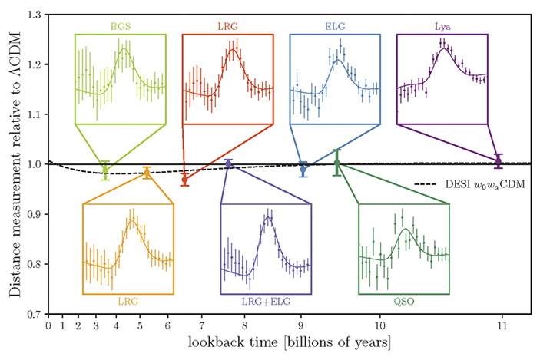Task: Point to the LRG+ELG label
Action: pyautogui.click(x=266, y=302)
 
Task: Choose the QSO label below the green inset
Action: pyautogui.click(x=404, y=302)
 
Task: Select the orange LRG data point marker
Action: pyautogui.click(x=147, y=173)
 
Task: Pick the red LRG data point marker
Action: pyautogui.click(x=184, y=179)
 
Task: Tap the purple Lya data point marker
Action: pyautogui.click(x=498, y=160)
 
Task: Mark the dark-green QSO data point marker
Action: pyautogui.click(x=336, y=163)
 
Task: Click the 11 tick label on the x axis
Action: pyautogui.click(x=502, y=325)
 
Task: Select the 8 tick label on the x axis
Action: pyautogui.click(x=244, y=325)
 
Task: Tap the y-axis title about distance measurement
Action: pyautogui.click(x=12, y=163)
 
